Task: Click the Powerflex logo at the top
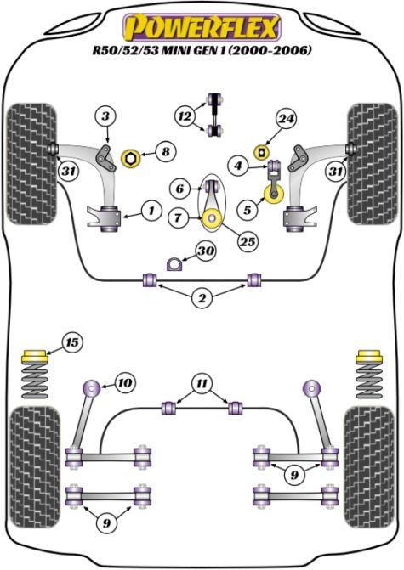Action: click(202, 27)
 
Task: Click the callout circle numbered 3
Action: click(105, 116)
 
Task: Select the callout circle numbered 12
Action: click(185, 116)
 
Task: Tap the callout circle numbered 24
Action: click(286, 119)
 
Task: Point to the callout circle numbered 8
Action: click(166, 151)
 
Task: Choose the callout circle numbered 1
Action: click(151, 210)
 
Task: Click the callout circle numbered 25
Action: click(248, 241)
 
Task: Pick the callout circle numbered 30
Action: click(206, 251)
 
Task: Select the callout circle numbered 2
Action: click(202, 298)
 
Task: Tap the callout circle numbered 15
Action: click(72, 342)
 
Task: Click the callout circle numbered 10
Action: click(125, 382)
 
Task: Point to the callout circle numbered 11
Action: click(202, 383)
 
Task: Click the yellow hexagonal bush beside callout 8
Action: click(130, 159)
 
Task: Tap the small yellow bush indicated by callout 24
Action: click(261, 152)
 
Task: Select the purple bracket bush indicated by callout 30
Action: click(174, 264)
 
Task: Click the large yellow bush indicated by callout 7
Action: click(212, 219)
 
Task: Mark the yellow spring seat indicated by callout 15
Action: click(35, 356)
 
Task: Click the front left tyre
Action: click(32, 164)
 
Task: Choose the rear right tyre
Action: click(370, 467)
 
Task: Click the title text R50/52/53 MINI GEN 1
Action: click(160, 50)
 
